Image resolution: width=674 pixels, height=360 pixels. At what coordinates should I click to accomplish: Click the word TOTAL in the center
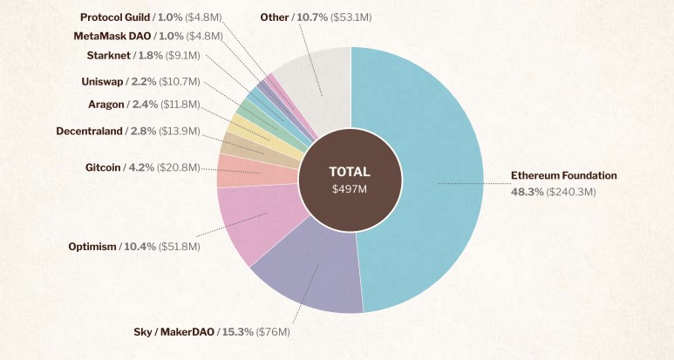[350, 172]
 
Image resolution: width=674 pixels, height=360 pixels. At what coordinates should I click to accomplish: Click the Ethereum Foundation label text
[563, 176]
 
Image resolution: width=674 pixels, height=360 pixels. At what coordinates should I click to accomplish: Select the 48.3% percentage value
[527, 191]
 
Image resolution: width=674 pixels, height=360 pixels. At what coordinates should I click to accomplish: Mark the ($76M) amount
[273, 332]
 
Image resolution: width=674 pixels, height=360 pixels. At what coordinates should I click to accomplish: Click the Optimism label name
[92, 247]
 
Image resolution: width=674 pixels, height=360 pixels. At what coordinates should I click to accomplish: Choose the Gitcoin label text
[102, 167]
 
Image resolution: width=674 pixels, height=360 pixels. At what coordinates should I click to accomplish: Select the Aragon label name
[106, 105]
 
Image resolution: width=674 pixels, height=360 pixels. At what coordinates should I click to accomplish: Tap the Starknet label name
[108, 56]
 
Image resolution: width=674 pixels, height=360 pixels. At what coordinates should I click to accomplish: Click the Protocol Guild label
[114, 17]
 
